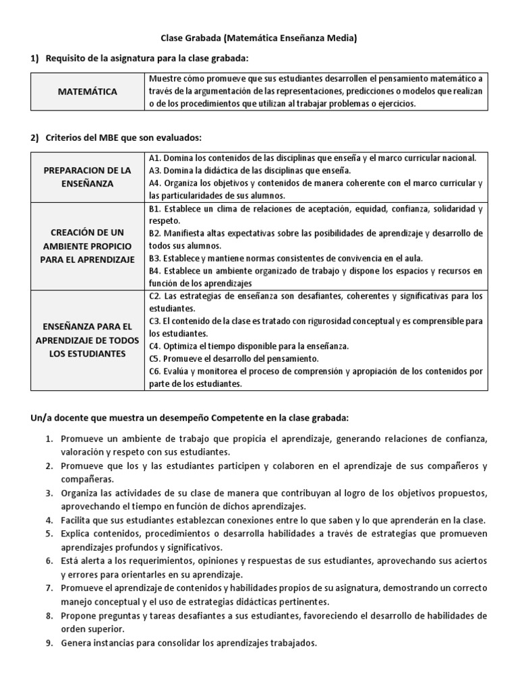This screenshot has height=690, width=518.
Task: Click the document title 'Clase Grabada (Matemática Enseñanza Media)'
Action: [x=258, y=38]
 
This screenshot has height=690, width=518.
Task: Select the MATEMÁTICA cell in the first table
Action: [x=87, y=91]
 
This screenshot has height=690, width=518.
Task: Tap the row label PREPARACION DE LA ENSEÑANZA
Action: [x=87, y=177]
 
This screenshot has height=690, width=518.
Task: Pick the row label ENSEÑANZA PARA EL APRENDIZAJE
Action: [x=87, y=340]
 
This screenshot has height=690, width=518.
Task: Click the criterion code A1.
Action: [x=154, y=158]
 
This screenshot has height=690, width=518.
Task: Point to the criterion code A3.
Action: [x=154, y=170]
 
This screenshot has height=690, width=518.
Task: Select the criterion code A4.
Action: [x=154, y=183]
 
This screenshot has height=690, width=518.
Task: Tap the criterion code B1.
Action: [x=154, y=208]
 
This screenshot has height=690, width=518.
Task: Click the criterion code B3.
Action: [x=154, y=258]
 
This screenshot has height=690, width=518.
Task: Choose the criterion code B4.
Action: [x=154, y=271]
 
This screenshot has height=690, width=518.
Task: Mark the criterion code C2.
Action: [x=154, y=296]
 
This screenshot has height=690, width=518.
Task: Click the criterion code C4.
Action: [x=154, y=346]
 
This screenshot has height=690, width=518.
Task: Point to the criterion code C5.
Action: [x=154, y=358]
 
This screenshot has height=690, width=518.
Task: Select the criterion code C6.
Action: [x=154, y=371]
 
